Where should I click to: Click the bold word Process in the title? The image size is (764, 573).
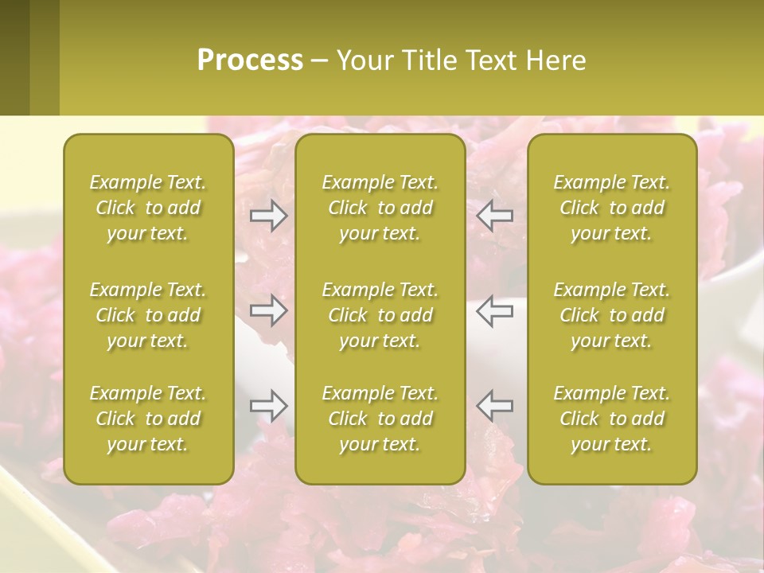click(250, 60)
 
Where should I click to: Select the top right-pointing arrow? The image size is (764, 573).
click(269, 215)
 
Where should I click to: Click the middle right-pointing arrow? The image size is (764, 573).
click(269, 310)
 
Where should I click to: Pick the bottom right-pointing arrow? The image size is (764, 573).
click(269, 406)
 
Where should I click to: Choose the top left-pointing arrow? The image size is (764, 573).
click(494, 215)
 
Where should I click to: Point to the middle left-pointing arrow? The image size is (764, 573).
click(494, 310)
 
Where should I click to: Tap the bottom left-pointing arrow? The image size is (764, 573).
click(494, 406)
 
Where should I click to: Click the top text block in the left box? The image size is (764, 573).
click(148, 208)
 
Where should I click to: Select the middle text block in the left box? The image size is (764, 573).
click(148, 315)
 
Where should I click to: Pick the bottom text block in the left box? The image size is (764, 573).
click(148, 419)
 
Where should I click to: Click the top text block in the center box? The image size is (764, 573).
click(380, 208)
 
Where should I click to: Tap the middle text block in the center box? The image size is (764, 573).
click(380, 315)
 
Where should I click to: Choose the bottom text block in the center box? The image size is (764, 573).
click(380, 419)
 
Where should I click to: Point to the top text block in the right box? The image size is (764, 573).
click(612, 208)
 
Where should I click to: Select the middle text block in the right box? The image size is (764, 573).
click(612, 315)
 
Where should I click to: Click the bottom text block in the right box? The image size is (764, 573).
click(612, 419)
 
